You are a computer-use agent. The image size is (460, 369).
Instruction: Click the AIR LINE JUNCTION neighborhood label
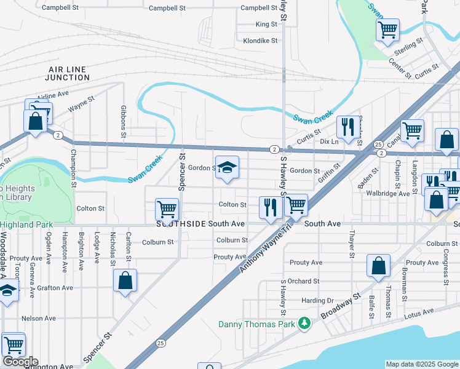pos(69,74)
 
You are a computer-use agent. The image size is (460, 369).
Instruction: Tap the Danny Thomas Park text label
pos(257,323)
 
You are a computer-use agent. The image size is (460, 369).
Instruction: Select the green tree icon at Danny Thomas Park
pos(303,323)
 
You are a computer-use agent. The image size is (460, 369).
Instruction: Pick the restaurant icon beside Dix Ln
pos(349,127)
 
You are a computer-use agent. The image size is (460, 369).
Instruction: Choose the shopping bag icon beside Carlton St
pos(125,280)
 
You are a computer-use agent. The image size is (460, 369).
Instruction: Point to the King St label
pos(266,25)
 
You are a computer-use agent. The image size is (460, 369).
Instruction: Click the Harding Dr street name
pos(317,301)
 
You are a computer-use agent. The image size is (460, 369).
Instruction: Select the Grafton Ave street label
pos(55,287)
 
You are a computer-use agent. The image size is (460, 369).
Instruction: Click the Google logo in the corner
pos(20,362)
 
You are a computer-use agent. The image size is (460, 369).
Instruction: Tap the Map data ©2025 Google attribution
pos(421,364)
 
